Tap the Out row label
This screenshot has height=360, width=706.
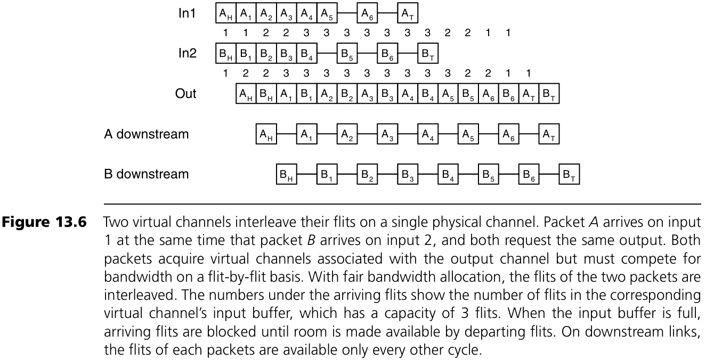(x=186, y=94)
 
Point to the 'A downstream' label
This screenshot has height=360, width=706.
(x=146, y=134)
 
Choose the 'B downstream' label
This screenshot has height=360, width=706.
(x=146, y=174)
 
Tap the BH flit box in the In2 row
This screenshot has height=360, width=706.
(x=225, y=54)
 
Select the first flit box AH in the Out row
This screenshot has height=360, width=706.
(x=246, y=94)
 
